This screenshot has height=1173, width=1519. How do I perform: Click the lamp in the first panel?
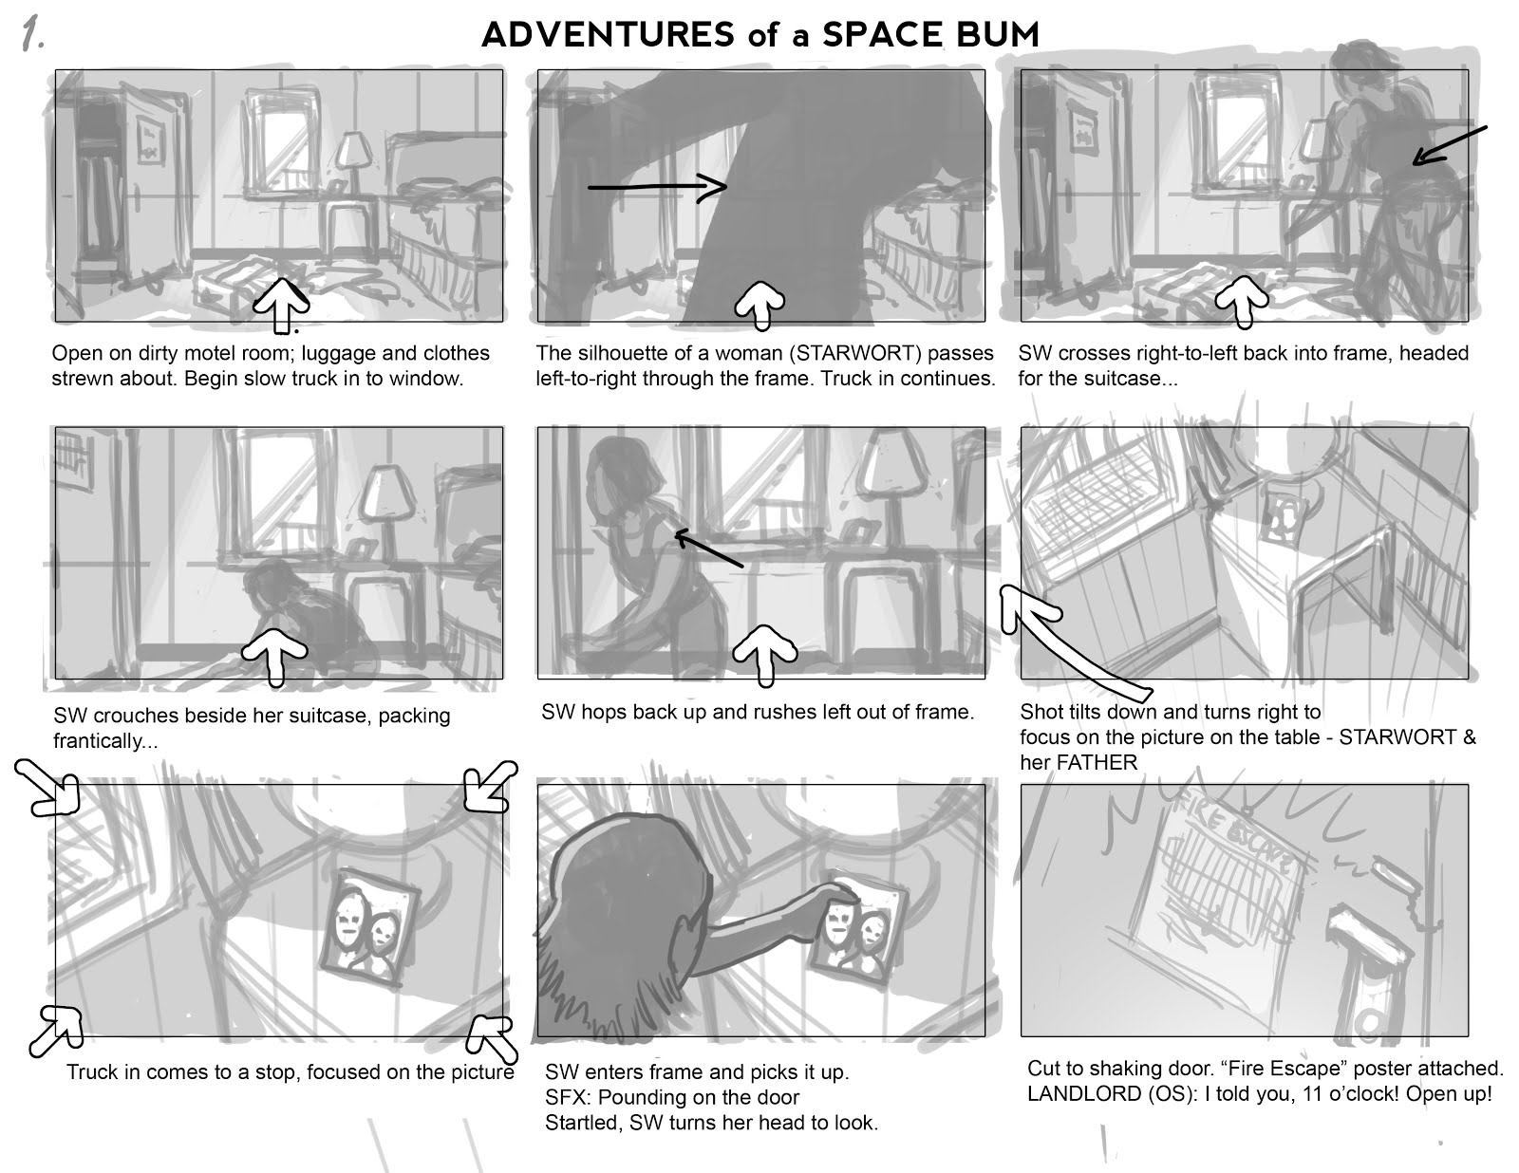[x=353, y=157]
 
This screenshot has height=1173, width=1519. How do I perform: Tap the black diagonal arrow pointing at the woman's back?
[x=1449, y=144]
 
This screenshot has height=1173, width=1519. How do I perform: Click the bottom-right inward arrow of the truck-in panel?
[x=494, y=1038]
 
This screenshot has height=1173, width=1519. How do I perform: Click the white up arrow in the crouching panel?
[x=274, y=654]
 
